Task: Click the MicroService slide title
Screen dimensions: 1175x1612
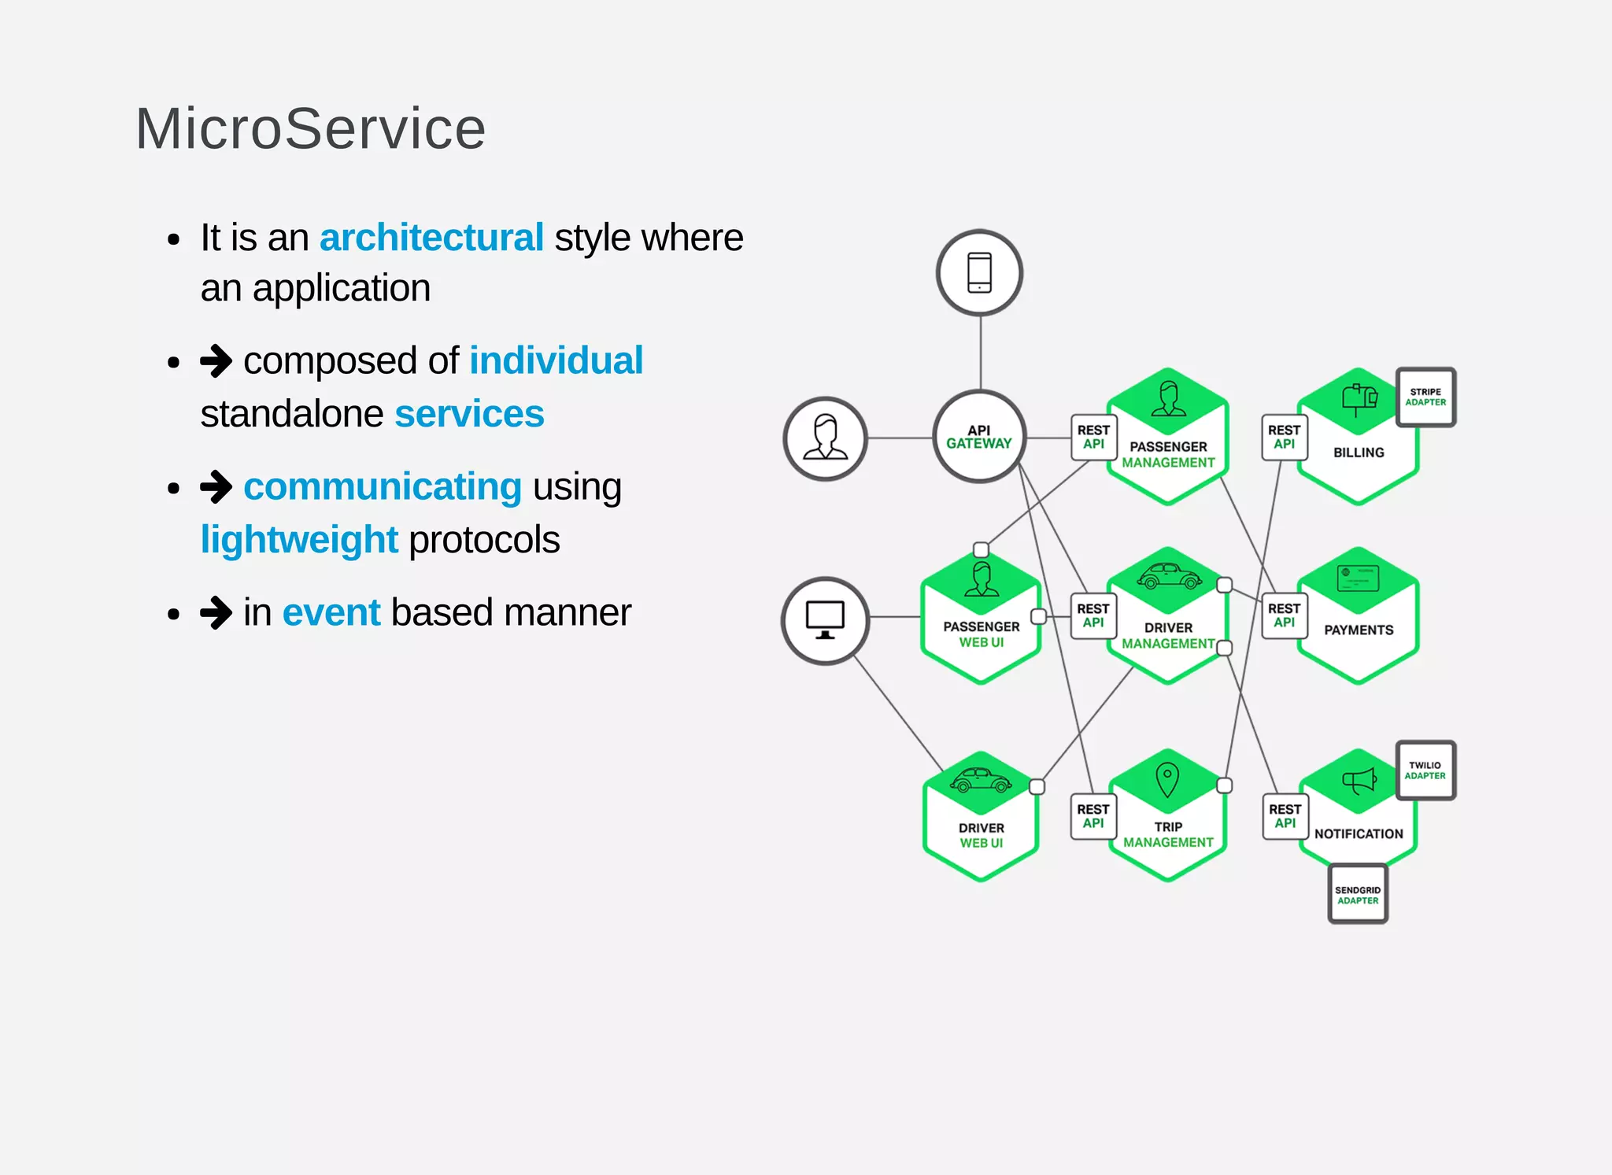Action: pos(311,129)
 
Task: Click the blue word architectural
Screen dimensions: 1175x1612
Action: pos(431,238)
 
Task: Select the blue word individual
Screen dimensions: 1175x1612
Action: pos(556,361)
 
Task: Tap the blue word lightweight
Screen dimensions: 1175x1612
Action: pos(299,540)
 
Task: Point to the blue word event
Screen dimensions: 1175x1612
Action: pos(331,612)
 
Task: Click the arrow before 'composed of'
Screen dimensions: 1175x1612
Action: pos(216,361)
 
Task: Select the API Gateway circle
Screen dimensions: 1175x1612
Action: pos(979,437)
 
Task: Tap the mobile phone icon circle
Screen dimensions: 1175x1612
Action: pos(979,273)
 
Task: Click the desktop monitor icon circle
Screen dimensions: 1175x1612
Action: pos(825,620)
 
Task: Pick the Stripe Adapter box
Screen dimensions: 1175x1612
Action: pos(1425,397)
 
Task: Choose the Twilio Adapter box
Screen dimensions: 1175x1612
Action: pos(1425,770)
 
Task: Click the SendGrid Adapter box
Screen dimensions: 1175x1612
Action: pos(1358,895)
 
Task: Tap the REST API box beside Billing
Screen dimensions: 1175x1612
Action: pos(1284,437)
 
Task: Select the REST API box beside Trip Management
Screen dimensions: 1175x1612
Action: pos(1093,816)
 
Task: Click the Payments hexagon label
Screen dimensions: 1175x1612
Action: pos(1359,630)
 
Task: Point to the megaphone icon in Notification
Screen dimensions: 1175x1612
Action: pos(1359,781)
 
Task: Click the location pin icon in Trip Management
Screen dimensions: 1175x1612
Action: pos(1167,779)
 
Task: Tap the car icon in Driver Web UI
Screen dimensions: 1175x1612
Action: pos(981,780)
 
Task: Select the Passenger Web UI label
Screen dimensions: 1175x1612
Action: pos(982,634)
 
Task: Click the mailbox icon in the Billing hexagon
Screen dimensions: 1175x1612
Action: pos(1359,398)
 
